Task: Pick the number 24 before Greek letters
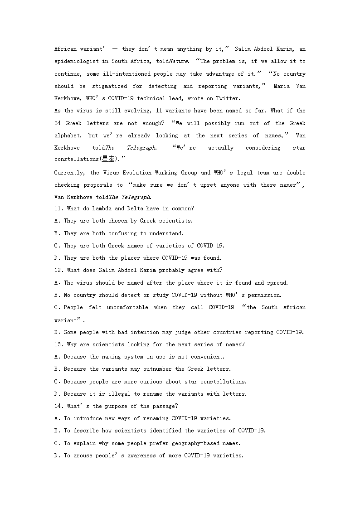[x=58, y=123]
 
